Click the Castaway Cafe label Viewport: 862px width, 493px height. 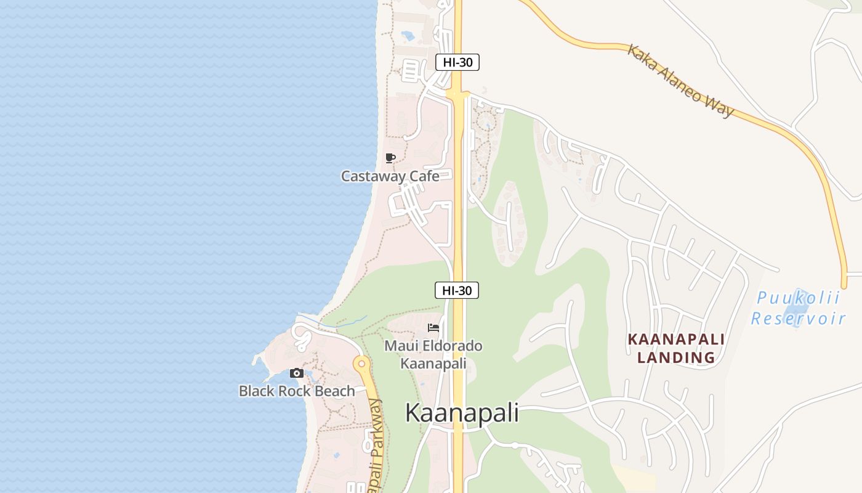(x=390, y=176)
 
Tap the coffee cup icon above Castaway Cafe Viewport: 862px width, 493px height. (x=390, y=158)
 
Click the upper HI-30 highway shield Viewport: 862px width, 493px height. (x=457, y=62)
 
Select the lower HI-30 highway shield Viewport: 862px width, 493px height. (x=457, y=290)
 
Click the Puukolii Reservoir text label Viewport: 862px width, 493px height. (x=798, y=308)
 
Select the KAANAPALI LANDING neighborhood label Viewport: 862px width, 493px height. (x=676, y=348)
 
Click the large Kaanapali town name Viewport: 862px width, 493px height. (x=462, y=413)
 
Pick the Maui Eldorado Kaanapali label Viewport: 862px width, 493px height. (x=433, y=354)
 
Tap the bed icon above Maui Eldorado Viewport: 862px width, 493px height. (x=433, y=328)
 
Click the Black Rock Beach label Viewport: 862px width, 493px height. (x=297, y=391)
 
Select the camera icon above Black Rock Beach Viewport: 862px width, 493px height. (x=297, y=373)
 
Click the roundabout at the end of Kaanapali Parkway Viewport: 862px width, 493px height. (x=361, y=364)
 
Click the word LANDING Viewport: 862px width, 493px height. (x=676, y=357)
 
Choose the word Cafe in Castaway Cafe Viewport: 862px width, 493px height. (x=424, y=176)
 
